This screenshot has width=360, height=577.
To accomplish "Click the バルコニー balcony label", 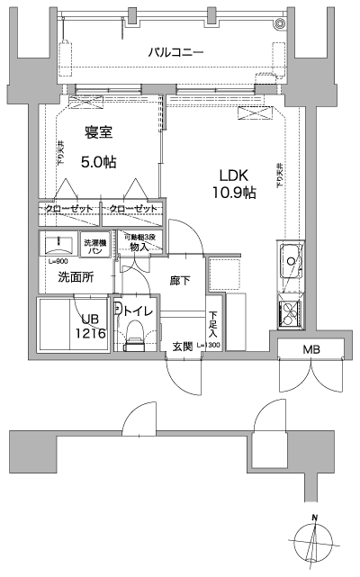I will click(x=175, y=52).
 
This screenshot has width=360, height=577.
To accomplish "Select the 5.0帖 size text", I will click(x=99, y=163).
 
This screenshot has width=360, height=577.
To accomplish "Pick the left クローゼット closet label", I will click(x=67, y=209).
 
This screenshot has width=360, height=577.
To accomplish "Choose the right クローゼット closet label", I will click(x=132, y=209).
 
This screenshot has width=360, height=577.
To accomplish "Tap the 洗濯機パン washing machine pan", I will click(x=94, y=245).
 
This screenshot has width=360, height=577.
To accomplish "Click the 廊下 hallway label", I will click(x=180, y=281).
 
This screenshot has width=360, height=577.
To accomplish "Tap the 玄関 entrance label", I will click(x=184, y=346).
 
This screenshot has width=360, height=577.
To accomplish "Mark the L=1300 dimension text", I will click(x=213, y=346).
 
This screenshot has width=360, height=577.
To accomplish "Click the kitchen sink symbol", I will click(x=292, y=263).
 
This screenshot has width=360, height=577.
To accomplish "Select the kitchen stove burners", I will click(x=292, y=314).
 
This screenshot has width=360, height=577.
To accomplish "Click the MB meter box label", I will click(x=310, y=349).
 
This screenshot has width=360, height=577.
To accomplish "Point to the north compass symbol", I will click(x=314, y=543).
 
